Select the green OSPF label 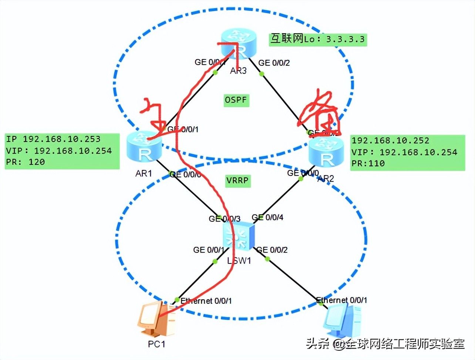236,100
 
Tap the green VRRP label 237,181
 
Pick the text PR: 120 26,162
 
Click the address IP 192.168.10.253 53,139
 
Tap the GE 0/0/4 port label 268,217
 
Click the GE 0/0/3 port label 224,219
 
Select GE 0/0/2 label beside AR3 274,63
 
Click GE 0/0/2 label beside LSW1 272,250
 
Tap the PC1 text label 156,344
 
